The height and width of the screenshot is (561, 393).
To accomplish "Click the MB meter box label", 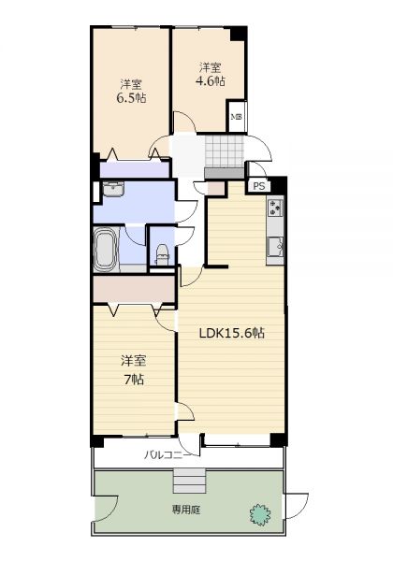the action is pos(236,117).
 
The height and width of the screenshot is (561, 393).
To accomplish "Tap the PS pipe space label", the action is pos(259,186).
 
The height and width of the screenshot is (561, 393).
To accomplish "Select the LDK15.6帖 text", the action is pos(231,334).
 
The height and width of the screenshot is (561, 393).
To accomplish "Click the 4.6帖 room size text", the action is pos(211,81).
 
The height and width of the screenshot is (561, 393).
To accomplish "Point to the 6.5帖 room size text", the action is pos(131,97).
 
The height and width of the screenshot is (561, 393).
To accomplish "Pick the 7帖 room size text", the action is pos(134,380).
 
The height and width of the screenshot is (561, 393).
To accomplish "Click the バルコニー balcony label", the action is pos(168,455).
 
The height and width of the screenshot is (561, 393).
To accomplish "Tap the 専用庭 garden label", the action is pos(186,510).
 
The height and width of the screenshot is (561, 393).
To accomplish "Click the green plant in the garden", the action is pos(260,514).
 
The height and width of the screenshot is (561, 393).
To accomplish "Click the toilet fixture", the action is pos(163,254).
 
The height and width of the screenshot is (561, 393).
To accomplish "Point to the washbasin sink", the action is pos(113,189).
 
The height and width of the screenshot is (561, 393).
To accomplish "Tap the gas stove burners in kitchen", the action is pos(275,208).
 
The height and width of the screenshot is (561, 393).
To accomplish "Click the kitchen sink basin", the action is pos(275,247).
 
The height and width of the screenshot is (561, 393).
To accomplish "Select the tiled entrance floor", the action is pos(225,151).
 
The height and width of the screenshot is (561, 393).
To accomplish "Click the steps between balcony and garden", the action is pos(190,481).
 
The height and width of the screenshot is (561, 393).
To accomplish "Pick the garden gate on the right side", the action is pos(296,506).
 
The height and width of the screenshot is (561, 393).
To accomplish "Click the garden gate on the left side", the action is pos(107,508).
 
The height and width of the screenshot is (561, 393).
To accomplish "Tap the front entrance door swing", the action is pos(258,148).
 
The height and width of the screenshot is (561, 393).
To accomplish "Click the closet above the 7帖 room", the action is pos(134,289).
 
